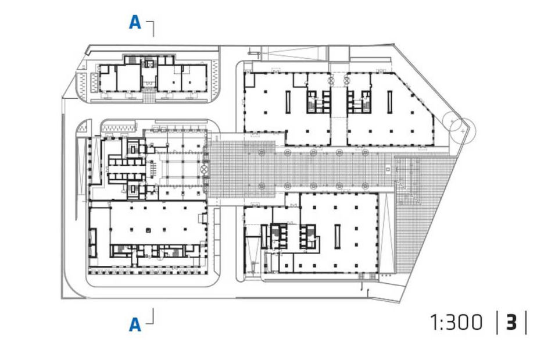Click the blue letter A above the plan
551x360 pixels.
[x=135, y=23]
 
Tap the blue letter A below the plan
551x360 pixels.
[x=135, y=325]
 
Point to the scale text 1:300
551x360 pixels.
[x=456, y=322]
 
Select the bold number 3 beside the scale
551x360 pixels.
[x=511, y=322]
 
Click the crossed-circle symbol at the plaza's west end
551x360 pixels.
[x=204, y=169]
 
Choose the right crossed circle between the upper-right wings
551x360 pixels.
[x=346, y=80]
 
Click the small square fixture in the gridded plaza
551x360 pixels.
[x=388, y=169]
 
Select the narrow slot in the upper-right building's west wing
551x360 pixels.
[x=288, y=102]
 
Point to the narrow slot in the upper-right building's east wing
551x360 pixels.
[x=389, y=102]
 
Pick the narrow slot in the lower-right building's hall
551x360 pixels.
[x=338, y=236]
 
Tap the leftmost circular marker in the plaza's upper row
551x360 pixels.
[x=262, y=152]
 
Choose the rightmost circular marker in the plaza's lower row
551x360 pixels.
[x=366, y=186]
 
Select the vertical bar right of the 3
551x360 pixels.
[x=526, y=322]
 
